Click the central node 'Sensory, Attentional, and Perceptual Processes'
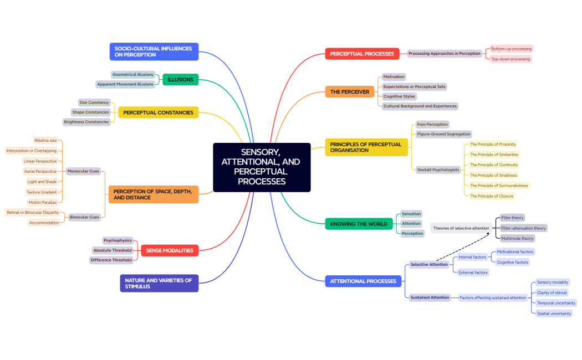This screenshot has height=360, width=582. [262, 167]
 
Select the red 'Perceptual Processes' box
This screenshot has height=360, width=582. [362, 54]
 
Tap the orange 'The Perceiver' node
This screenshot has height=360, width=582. [350, 92]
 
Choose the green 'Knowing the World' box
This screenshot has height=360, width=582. [359, 224]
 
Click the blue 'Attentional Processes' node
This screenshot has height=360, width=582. [363, 281]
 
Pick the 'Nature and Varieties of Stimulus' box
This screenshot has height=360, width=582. [159, 283]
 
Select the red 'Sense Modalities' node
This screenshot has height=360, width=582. [170, 250]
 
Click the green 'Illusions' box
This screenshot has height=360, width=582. [180, 80]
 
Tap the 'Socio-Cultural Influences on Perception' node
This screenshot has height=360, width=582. [154, 52]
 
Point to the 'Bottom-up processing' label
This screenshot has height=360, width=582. [511, 49]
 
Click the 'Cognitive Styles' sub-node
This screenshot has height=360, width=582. [399, 96]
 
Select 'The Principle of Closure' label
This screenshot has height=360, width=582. [491, 196]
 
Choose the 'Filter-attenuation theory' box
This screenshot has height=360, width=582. [523, 228]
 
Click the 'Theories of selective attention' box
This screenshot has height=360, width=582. [461, 228]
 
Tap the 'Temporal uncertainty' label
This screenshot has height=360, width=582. [556, 303]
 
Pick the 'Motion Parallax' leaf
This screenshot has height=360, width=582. [43, 203]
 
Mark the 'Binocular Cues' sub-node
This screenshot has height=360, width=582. [84, 217]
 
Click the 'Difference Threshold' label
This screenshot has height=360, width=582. [111, 260]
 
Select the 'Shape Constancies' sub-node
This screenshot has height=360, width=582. [90, 112]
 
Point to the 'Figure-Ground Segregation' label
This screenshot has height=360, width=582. [443, 134]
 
